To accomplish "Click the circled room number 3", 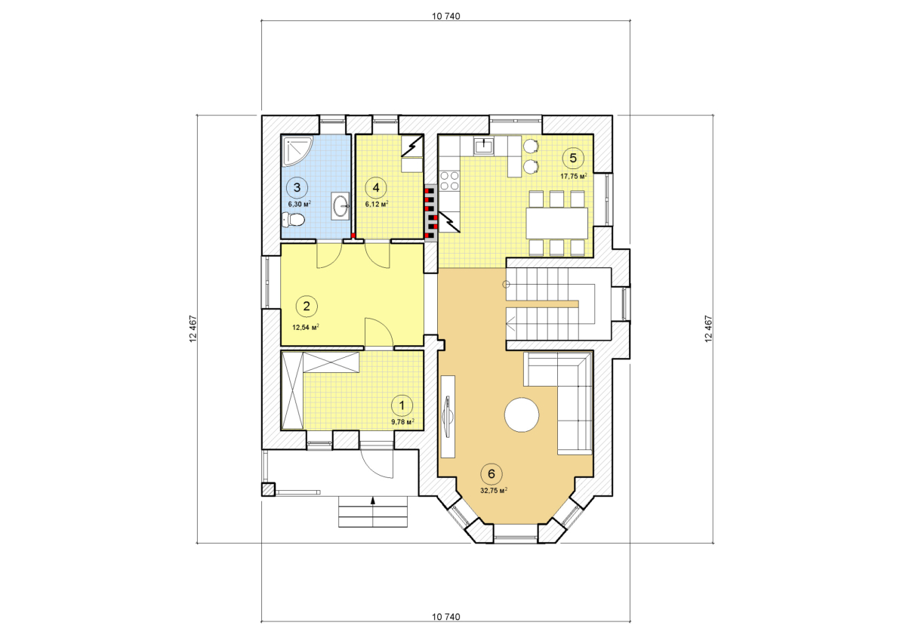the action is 297,187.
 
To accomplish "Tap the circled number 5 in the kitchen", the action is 573,158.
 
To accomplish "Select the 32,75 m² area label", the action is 494,491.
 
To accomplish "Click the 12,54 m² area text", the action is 306,327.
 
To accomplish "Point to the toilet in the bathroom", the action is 293,220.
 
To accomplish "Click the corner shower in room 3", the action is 297,151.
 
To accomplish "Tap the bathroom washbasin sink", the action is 341,206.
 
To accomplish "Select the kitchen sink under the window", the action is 484,146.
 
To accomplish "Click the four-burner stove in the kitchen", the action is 450,180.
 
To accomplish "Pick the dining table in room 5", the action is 557,223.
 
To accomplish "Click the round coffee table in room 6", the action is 522,414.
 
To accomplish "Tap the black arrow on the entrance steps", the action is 373,501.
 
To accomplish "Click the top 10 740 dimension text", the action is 445,16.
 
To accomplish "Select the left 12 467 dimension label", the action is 193,328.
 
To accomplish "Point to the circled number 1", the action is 402,405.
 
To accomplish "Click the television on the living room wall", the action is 448,416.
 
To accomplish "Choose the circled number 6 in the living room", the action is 492,473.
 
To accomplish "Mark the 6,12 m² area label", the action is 377,204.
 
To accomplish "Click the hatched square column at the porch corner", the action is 268,489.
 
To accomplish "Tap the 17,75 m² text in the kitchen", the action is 574,177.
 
